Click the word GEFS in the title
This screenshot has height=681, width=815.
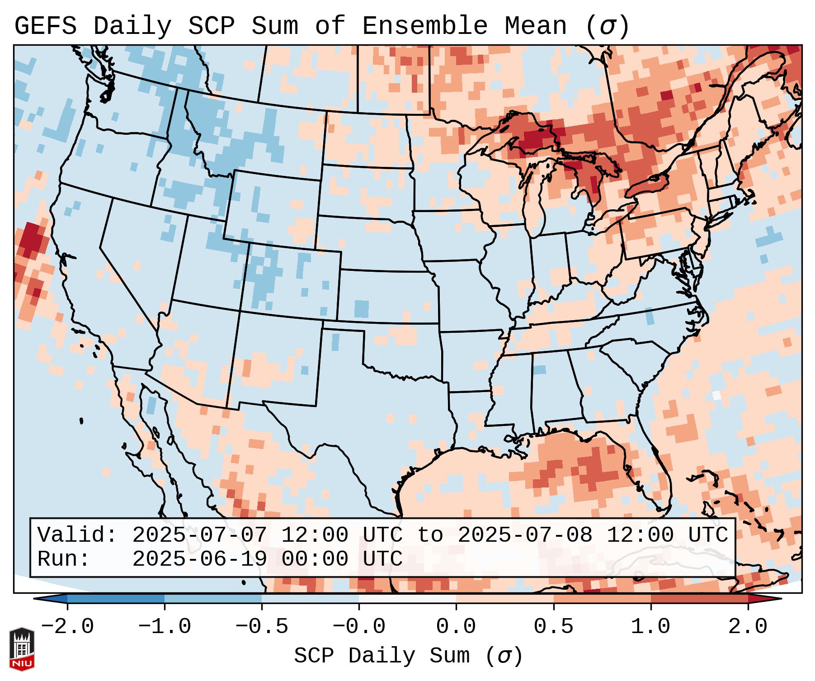(x=45, y=26)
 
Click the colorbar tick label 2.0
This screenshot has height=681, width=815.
(x=748, y=627)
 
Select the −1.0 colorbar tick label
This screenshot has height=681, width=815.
(x=164, y=627)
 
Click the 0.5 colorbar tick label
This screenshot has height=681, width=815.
(x=553, y=627)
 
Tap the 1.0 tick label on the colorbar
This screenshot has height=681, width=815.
(x=650, y=627)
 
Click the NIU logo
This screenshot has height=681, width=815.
(x=22, y=649)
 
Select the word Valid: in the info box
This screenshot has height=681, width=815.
(x=77, y=535)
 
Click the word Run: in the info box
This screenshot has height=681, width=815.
(x=64, y=559)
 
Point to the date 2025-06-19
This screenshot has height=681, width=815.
(x=199, y=559)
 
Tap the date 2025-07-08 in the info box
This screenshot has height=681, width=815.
(x=525, y=535)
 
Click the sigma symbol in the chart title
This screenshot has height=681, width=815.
(x=607, y=26)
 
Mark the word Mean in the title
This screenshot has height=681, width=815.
(x=535, y=26)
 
